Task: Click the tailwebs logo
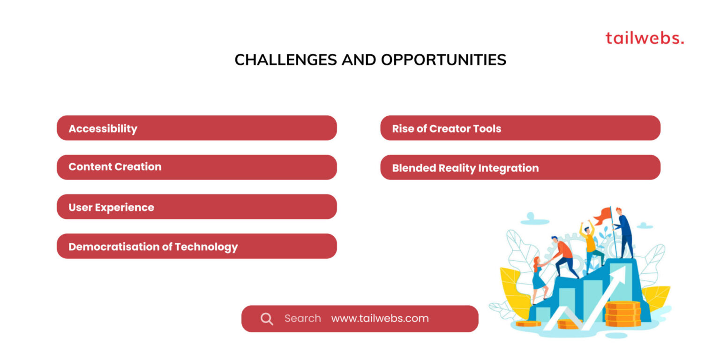645,38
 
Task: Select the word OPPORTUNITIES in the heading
443,60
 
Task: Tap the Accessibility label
103,128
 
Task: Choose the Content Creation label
115,166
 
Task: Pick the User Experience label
111,207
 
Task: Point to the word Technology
206,247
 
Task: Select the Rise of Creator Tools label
446,128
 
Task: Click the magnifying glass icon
267,319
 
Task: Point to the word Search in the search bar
302,318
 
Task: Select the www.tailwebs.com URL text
380,318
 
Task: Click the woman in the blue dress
540,280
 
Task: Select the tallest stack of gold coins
622,314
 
